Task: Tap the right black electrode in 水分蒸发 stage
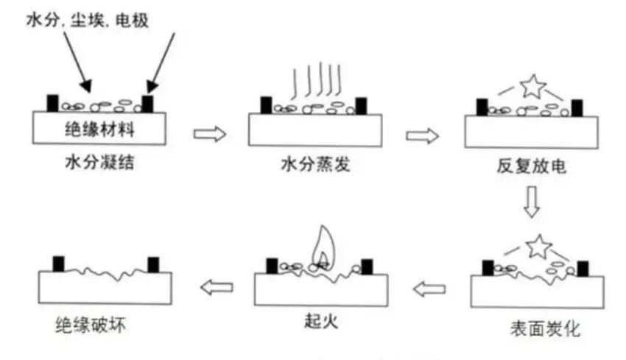click(362, 106)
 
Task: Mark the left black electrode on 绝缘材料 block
click(53, 102)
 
